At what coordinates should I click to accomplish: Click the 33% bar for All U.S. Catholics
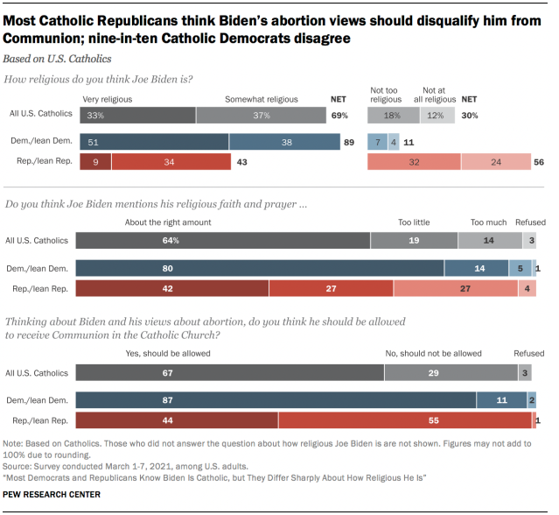(137, 115)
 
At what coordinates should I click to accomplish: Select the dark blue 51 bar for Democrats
(154, 141)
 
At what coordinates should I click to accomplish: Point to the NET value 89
(348, 141)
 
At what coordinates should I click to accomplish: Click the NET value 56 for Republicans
(538, 161)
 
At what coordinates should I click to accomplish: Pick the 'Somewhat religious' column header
(257, 100)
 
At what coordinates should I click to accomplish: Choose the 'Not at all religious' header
(440, 95)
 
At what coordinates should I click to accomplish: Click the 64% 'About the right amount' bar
(223, 240)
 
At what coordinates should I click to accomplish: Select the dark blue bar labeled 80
(260, 267)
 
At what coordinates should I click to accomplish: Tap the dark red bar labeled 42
(172, 288)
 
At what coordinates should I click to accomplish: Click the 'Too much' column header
(487, 222)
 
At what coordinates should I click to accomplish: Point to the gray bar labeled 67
(230, 373)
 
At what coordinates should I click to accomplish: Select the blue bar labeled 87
(276, 400)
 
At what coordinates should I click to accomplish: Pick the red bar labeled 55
(404, 421)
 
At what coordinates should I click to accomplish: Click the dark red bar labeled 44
(177, 421)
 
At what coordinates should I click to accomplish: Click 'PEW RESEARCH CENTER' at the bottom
(52, 495)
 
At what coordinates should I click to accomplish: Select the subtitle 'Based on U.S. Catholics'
(58, 59)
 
